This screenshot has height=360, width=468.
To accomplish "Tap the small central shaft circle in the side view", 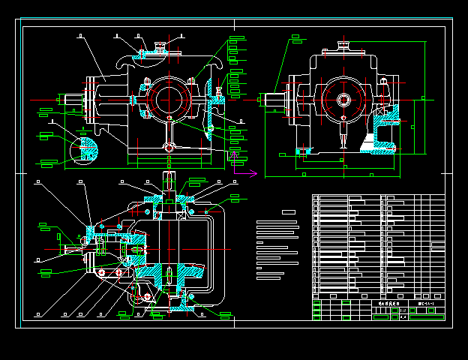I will pos(343,100).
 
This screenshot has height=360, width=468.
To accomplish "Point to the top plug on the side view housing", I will pos(343,46).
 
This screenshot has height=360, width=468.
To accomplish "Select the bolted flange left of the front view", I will pos(91,98).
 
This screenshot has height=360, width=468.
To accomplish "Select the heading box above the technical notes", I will pos(289,213).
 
